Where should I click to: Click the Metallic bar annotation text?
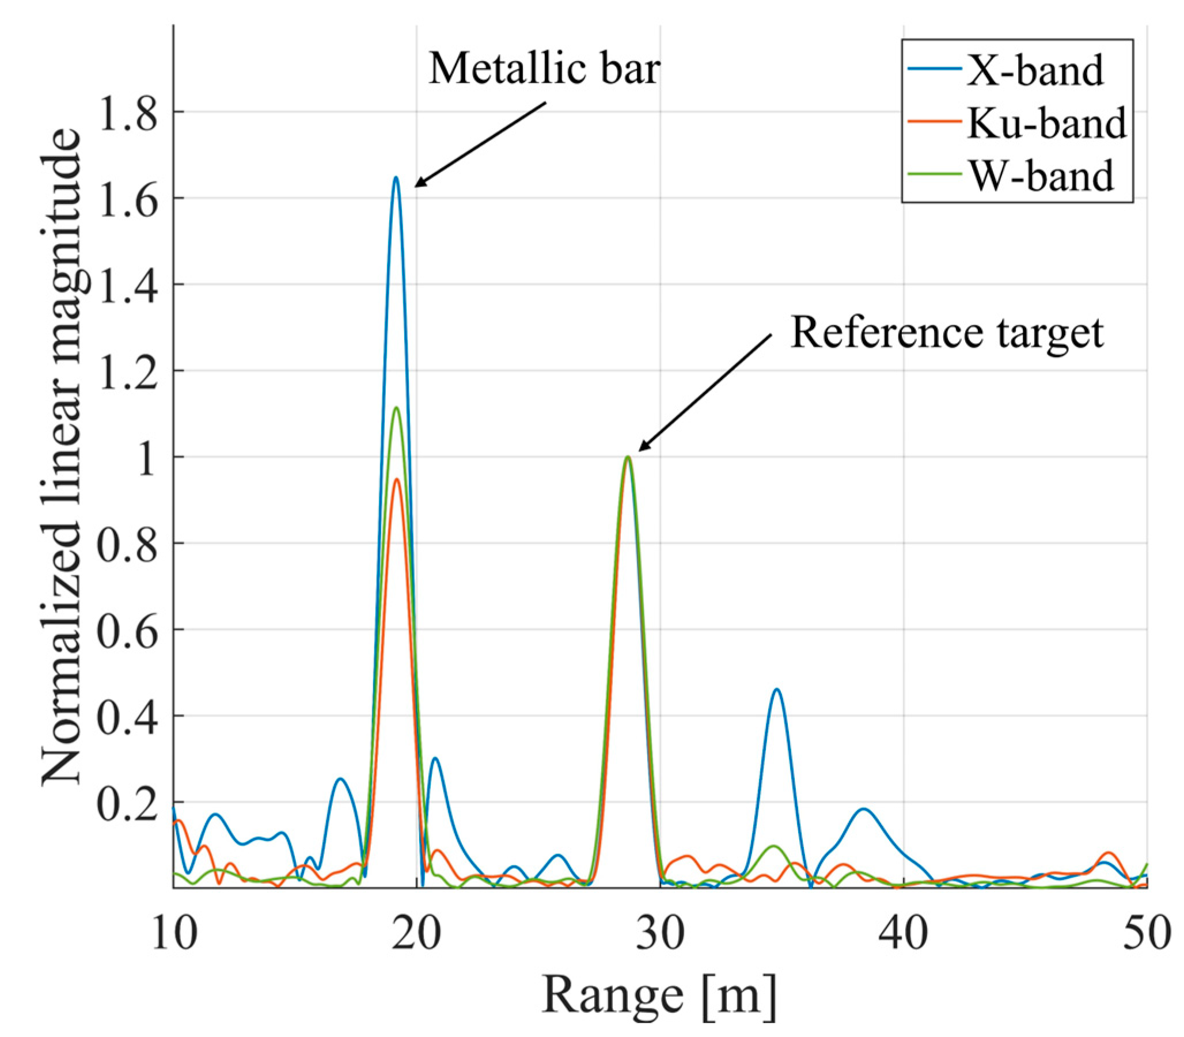coord(544,69)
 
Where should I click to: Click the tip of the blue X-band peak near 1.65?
coord(396,178)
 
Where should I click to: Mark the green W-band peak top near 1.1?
coord(396,408)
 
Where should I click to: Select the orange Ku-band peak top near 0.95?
coord(397,479)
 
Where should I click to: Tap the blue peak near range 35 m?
coord(777,689)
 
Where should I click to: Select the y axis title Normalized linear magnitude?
coord(62,457)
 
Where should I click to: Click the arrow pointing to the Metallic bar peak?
coord(480,145)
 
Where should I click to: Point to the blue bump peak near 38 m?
coord(863,809)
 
